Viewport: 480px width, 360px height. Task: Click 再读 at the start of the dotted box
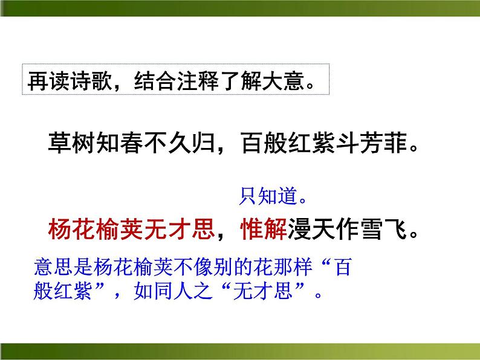[50, 79]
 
